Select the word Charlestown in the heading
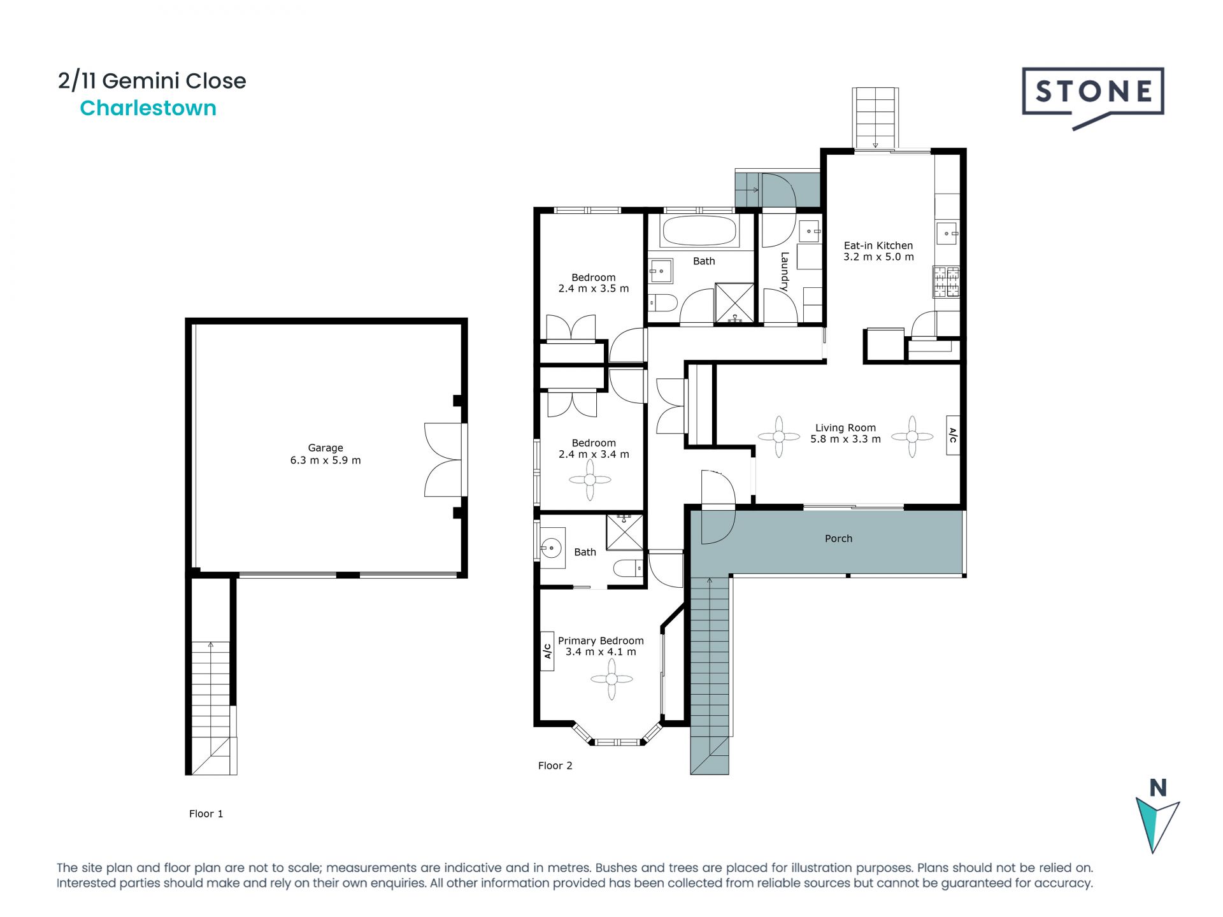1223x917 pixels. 148,108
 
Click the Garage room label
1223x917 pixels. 325,448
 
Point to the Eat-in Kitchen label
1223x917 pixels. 878,245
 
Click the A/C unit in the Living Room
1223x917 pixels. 953,435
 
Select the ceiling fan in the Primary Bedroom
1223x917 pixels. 611,679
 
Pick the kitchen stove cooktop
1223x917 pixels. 947,282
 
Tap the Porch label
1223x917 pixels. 838,539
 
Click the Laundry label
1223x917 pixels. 785,272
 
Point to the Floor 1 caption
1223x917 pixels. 206,814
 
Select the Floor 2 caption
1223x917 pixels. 555,765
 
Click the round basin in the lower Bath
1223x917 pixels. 551,547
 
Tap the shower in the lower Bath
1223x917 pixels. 625,532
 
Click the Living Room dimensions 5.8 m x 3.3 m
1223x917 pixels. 845,439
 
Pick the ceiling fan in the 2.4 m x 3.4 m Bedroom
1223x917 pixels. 590,480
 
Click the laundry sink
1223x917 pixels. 810,231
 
